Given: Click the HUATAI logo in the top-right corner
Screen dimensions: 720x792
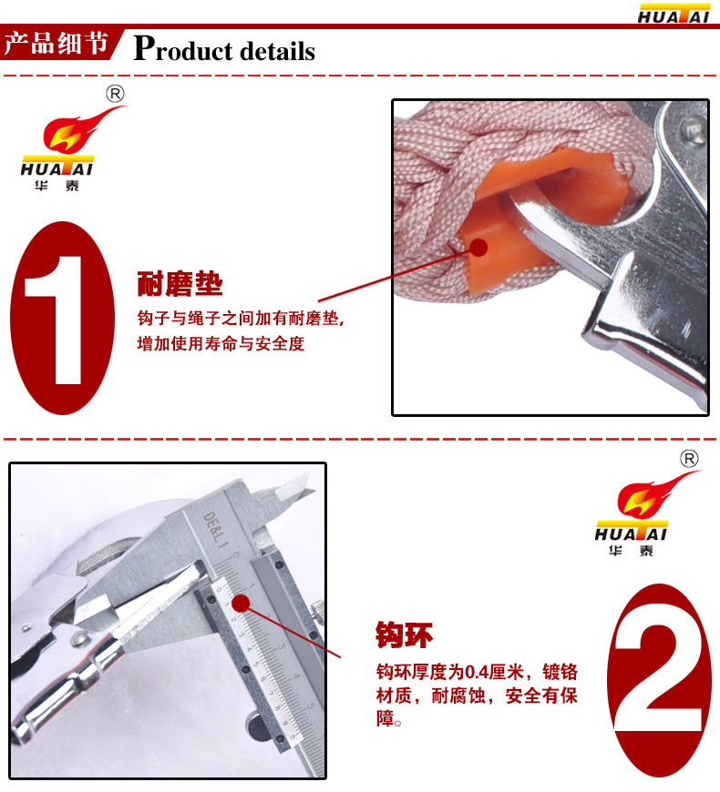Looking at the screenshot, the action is (674, 14).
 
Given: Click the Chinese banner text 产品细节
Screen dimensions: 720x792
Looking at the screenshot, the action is (57, 43).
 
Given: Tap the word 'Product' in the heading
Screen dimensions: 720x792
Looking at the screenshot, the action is (182, 49).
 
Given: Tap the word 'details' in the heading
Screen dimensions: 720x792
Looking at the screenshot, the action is (277, 51).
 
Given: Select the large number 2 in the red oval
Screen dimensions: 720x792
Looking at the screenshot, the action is (659, 678).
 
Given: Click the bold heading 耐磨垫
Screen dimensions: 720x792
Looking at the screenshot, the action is (180, 283).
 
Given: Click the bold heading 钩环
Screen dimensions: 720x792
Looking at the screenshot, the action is (404, 635).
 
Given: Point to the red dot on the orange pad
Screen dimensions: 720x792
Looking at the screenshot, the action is (478, 248).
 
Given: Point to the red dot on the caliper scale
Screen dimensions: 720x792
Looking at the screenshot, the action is (242, 603).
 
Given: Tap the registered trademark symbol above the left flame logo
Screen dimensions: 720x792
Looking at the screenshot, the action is (115, 94).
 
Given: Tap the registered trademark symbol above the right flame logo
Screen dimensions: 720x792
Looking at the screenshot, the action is (689, 459).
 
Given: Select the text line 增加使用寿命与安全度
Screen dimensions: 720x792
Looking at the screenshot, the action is (221, 344).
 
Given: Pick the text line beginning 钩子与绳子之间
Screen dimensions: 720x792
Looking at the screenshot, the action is (241, 319).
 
